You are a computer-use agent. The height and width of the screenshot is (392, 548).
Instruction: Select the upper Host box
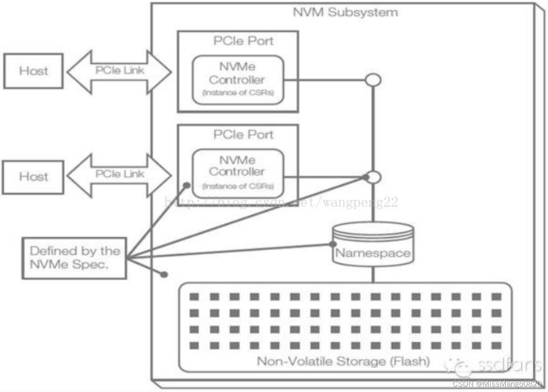(x=34, y=71)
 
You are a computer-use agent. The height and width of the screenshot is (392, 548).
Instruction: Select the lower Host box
(x=33, y=177)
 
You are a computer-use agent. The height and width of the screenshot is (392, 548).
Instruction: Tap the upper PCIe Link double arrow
(x=119, y=71)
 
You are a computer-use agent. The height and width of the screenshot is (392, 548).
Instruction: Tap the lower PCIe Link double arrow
(x=119, y=175)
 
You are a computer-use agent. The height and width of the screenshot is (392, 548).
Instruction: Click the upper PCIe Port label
(x=243, y=41)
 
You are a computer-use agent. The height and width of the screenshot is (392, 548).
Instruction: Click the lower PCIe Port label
(x=243, y=135)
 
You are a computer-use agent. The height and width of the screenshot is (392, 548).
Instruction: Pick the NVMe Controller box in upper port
(x=237, y=80)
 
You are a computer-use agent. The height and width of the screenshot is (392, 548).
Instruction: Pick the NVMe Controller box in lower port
(x=237, y=173)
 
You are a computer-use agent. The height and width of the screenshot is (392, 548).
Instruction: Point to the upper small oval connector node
(x=373, y=80)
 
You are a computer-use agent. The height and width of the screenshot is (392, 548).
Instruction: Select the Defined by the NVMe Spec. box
(x=74, y=258)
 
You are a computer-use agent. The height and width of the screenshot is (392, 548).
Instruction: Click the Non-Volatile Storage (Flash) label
(x=343, y=361)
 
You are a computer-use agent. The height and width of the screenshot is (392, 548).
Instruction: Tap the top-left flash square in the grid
(x=194, y=297)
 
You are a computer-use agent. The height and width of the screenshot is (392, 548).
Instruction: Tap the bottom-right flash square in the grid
(x=496, y=345)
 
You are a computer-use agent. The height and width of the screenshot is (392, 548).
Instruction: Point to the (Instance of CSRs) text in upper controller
(x=238, y=93)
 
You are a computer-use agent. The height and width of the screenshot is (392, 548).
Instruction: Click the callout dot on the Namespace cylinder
(x=333, y=244)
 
